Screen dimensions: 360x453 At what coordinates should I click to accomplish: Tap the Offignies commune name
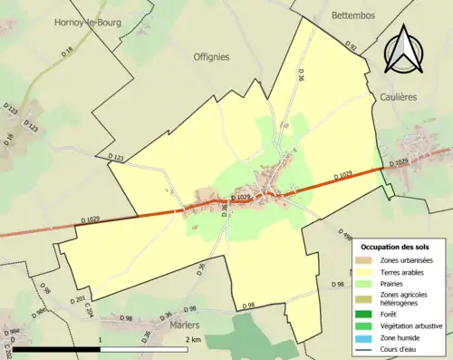click(211, 56)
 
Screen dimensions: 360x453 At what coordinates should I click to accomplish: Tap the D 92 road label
click(352, 44)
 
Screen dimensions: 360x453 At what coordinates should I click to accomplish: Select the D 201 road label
click(77, 300)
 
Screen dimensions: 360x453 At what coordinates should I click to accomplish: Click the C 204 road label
click(90, 309)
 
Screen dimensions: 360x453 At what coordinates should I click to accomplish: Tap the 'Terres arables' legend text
click(407, 272)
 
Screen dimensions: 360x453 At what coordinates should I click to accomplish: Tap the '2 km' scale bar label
click(192, 340)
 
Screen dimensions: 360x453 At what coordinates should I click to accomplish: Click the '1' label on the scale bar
click(100, 340)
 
